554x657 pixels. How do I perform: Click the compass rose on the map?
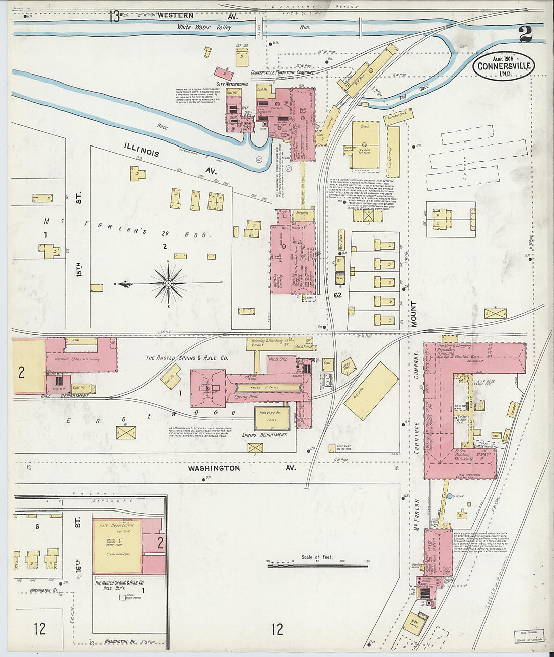[169, 284]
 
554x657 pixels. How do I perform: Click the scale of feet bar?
[317, 566]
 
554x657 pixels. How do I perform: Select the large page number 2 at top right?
[525, 34]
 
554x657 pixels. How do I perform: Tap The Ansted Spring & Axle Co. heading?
[187, 358]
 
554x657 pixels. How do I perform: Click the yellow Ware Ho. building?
[372, 391]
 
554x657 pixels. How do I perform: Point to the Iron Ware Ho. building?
[272, 418]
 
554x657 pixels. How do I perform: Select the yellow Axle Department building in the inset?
[117, 546]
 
